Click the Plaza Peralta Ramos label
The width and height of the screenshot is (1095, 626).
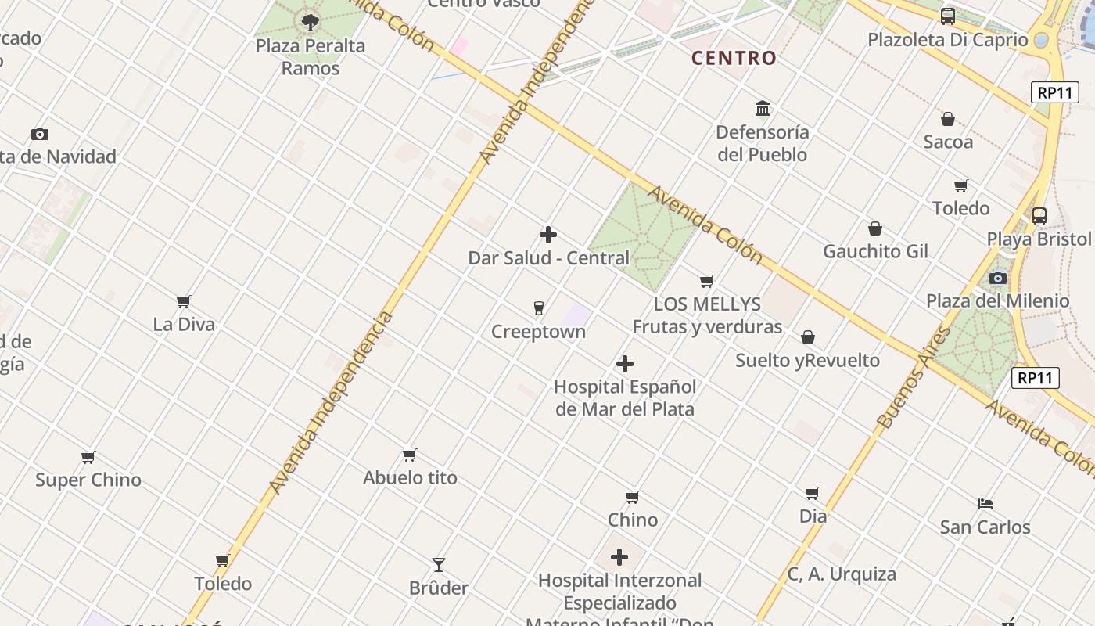point(311,57)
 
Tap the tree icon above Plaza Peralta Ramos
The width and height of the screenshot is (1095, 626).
point(311,22)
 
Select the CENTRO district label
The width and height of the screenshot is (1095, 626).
point(734,58)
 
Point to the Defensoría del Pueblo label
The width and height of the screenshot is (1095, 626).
point(763,143)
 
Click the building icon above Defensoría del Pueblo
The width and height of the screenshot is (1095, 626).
point(763,108)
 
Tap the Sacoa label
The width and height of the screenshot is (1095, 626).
point(948,142)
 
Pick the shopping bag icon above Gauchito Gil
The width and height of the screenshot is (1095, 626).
point(875,228)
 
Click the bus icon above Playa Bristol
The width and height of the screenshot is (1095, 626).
point(1039,215)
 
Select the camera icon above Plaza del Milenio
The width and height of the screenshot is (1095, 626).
point(997,278)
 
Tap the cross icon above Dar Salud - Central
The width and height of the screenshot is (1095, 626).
point(548,235)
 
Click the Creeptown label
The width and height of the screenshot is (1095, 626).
point(538,332)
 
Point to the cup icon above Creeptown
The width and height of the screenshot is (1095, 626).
point(538,308)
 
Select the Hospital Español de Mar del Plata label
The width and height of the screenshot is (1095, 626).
point(625,398)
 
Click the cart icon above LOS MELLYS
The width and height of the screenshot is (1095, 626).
point(707,281)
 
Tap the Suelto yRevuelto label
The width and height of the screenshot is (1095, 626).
point(807,361)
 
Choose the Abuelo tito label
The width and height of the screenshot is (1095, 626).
point(410,478)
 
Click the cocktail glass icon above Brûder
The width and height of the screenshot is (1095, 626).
point(439,564)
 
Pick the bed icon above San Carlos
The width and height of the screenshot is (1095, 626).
point(985,504)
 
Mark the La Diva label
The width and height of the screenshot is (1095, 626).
point(184,325)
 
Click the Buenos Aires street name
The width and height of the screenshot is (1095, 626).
point(914,378)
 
